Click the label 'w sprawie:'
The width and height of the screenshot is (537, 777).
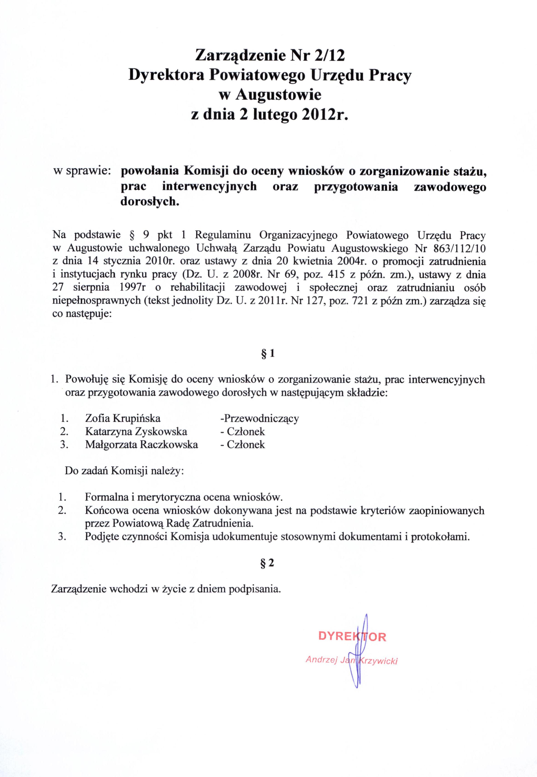click(x=82, y=171)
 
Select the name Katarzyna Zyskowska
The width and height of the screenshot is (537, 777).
click(x=136, y=431)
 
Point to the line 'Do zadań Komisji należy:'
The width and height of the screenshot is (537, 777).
click(x=124, y=471)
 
